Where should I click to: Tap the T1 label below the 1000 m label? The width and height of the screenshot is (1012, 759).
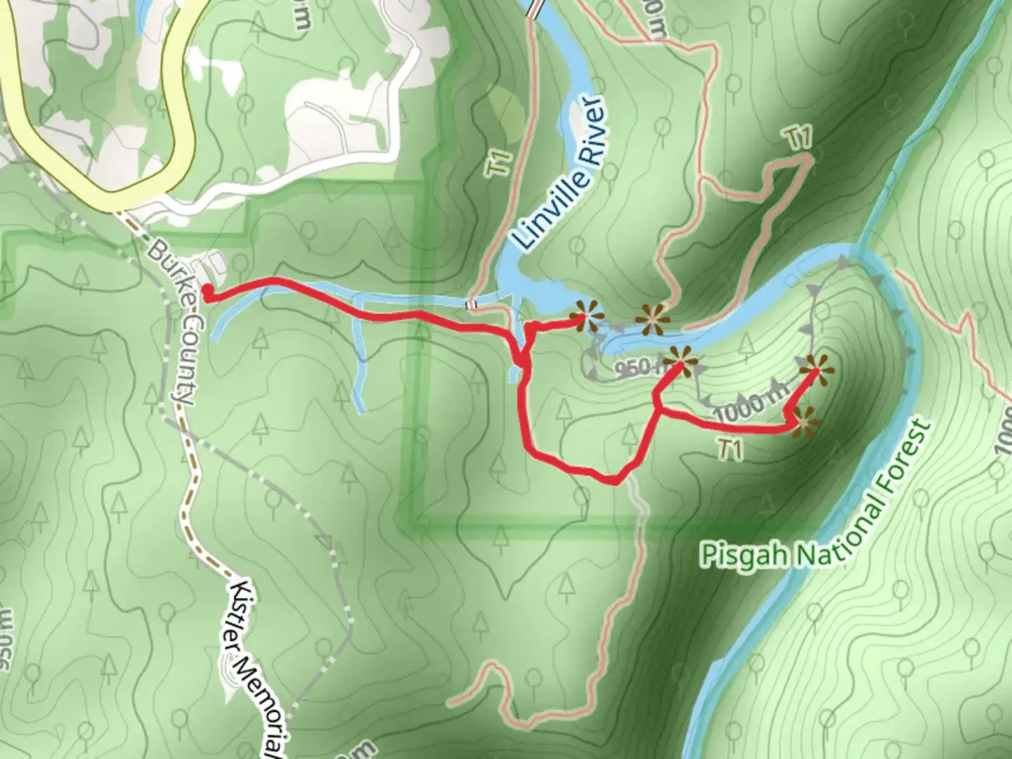pyautogui.click(x=731, y=450)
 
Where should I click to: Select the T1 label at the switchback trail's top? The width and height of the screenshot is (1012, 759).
pyautogui.click(x=799, y=138)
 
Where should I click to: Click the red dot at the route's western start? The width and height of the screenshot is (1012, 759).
pyautogui.click(x=208, y=291)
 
